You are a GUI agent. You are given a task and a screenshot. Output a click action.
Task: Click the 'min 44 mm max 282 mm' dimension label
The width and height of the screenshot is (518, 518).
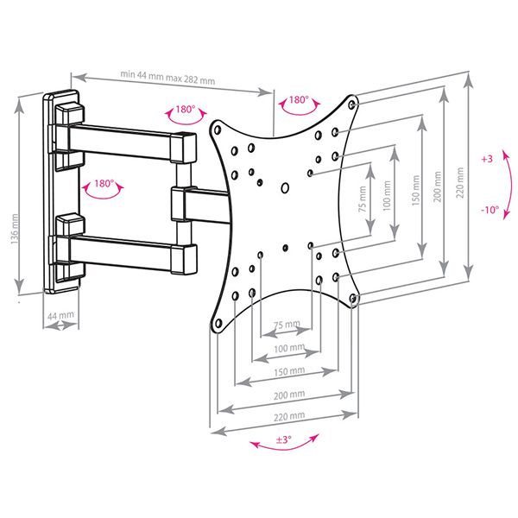[167, 77]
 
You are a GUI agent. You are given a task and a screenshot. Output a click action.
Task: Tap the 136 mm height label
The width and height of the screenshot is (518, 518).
[15, 229]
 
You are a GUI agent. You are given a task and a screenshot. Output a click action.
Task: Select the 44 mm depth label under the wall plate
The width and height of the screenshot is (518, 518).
[60, 315]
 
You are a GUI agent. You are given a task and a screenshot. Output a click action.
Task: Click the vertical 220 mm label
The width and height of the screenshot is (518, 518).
[460, 182]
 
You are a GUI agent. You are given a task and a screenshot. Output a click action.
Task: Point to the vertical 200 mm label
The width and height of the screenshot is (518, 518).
[437, 186]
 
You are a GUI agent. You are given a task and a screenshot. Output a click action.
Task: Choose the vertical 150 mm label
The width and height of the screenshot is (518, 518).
[415, 191]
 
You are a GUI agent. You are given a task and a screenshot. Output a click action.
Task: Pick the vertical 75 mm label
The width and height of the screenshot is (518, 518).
[363, 199]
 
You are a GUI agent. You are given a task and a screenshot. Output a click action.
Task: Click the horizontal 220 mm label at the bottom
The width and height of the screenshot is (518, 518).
[289, 416]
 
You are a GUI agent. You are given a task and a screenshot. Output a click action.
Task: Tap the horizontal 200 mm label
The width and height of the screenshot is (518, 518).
[289, 395]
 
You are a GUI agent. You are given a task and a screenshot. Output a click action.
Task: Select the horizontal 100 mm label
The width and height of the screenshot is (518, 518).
[289, 348]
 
